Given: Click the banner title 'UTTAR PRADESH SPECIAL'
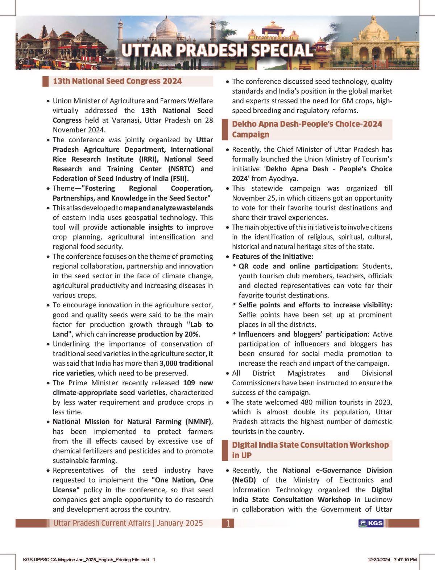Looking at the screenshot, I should tap(217, 50).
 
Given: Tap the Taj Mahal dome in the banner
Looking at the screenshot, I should tap(166, 28).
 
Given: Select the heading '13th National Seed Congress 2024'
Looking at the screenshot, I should tap(117, 81).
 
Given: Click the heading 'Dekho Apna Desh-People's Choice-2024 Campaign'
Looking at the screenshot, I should tap(307, 129).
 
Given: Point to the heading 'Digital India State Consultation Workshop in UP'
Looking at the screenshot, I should tap(310, 450).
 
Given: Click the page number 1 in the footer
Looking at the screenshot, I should tap(228, 523).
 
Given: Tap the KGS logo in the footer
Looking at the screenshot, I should tap(370, 523).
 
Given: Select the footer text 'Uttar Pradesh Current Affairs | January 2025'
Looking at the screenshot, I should tap(128, 523).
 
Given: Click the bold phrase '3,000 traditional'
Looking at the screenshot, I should tap(186, 363).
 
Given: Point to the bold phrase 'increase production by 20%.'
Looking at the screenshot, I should tap(154, 334).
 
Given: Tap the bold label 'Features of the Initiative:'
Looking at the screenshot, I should tap(272, 257).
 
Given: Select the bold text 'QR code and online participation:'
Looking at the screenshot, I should tap(298, 266).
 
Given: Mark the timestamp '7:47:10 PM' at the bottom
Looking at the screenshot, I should tap(405, 559).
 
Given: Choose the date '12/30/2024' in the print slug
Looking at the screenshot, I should tap(379, 559).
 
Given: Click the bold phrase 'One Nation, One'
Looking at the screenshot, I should tap(182, 480).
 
